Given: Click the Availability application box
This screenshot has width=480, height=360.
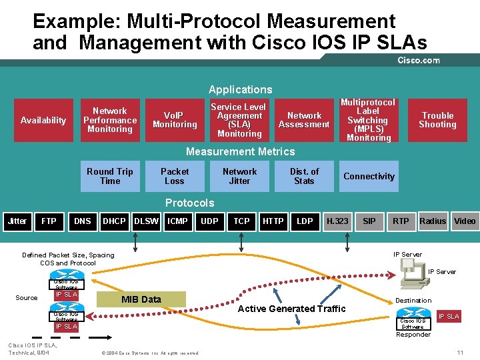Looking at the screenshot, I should click(43, 121).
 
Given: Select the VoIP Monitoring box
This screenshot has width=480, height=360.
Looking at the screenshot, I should click(175, 121).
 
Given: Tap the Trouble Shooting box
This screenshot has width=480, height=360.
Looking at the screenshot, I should click(437, 121).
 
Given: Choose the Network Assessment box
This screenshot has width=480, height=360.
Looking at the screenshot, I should click(304, 121).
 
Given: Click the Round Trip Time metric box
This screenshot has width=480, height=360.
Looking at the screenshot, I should click(110, 177).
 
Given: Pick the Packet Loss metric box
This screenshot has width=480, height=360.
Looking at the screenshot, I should click(175, 177).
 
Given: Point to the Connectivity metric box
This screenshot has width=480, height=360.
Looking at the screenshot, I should click(369, 177).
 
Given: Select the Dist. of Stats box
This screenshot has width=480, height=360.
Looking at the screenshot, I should click(304, 177).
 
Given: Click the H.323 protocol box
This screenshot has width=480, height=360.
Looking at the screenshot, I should click(337, 221).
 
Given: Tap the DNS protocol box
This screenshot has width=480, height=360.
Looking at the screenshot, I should click(83, 221).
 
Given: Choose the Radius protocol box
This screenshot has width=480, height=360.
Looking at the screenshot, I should click(433, 221).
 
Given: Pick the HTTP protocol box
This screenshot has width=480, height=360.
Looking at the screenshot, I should click(273, 221).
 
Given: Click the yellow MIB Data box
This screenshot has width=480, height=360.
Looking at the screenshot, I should click(141, 299).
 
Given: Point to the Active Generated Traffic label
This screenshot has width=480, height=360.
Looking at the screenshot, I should click(292, 309).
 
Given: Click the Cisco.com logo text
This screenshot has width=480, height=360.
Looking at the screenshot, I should click(419, 60).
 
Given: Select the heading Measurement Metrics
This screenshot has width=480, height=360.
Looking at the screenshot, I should click(240, 152).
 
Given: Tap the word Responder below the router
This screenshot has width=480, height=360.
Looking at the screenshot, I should click(413, 335).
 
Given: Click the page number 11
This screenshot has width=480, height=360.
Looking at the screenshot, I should click(459, 352).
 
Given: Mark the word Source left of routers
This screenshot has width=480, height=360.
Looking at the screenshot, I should click(27, 297).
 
